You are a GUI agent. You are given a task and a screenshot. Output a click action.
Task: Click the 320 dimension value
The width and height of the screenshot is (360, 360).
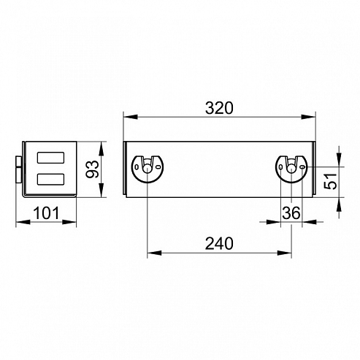[x=219, y=108]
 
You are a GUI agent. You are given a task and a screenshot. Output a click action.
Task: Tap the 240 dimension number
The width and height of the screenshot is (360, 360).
[x=219, y=243]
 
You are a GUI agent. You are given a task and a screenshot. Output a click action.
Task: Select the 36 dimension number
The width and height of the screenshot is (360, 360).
[x=291, y=213]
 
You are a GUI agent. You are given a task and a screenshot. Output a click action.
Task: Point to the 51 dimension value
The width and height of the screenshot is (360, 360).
[x=331, y=181]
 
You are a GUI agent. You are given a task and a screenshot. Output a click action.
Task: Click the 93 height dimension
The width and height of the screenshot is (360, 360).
[x=93, y=169]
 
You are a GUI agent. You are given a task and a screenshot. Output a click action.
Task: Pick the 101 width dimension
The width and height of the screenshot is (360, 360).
[x=46, y=213]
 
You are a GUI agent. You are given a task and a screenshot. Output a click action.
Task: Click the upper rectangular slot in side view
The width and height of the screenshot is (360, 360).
[x=50, y=158]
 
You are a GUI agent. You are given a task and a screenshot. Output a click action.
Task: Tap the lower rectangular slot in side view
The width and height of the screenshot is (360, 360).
[x=50, y=179]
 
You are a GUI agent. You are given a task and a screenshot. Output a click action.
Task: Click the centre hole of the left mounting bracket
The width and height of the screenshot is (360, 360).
[x=147, y=169]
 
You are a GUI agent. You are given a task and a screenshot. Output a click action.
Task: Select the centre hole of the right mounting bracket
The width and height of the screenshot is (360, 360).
[x=291, y=169]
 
